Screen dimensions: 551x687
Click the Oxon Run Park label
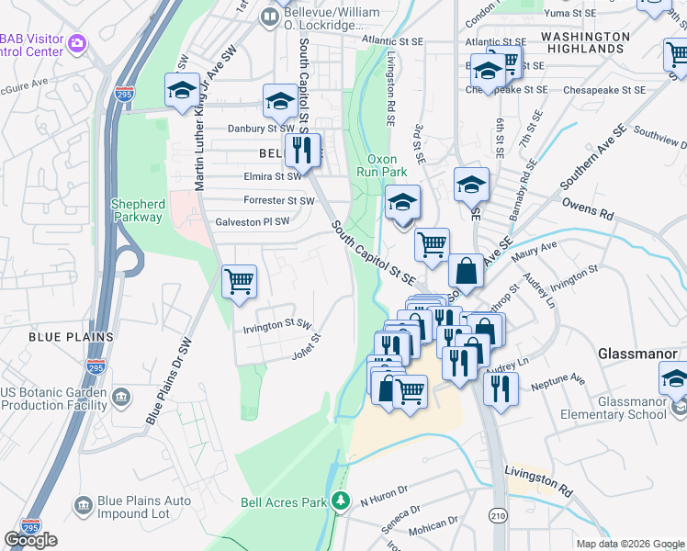pos(381,165)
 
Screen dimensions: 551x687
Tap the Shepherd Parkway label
pos(138,210)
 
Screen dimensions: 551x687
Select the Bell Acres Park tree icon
pos(341,500)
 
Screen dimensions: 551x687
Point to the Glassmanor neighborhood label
pos(636,354)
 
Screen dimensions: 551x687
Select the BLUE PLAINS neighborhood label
pos(71,337)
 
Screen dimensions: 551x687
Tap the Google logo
pos(30,540)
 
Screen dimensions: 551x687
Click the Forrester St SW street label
pos(279,200)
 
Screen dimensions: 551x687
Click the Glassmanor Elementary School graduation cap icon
pos(673,377)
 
